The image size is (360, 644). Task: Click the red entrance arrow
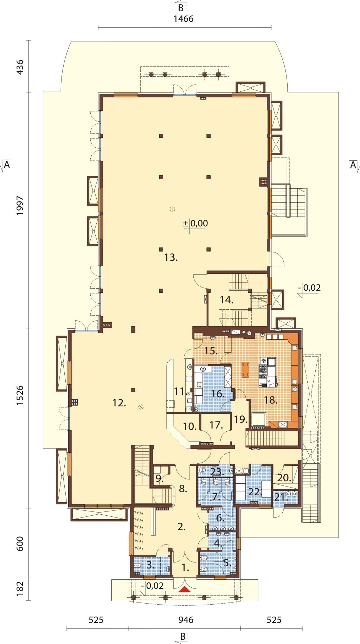coord(185,590)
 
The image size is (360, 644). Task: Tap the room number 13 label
coord(171,258)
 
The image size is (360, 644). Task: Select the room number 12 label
coord(119,403)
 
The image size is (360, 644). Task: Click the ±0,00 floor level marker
coord(195,224)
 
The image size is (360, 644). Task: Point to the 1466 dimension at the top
coord(184,19)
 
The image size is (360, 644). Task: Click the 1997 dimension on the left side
coord(20,206)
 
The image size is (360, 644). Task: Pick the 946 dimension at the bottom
coord(186,620)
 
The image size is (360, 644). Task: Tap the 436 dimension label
coord(20,67)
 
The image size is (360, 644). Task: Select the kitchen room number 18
coord(271,400)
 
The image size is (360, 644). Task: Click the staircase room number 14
coord(226,300)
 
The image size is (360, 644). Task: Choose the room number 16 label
coord(218,394)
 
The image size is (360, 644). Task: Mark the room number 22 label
coord(255,492)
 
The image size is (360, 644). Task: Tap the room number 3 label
coord(150,565)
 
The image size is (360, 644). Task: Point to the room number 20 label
coord(284,478)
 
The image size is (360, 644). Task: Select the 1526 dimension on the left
coord(20,395)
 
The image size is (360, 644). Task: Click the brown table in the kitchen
coord(245,369)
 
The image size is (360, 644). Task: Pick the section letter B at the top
coord(181,8)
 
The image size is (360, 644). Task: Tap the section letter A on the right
coord(353,165)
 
